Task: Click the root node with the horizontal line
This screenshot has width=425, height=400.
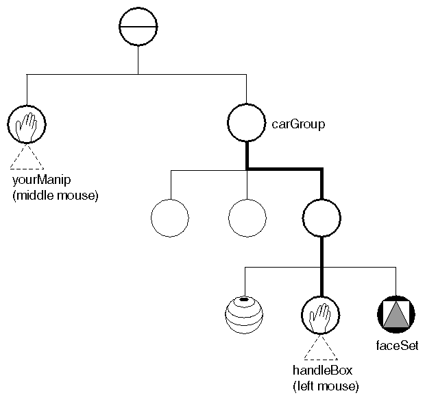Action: pos(138,27)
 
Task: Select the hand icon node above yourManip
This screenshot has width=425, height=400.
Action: pos(26,123)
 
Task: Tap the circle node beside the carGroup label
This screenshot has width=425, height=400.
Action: pos(246,123)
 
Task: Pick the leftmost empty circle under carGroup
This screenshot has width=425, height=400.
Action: pos(169,218)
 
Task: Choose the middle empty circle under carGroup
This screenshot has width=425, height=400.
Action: pos(246,218)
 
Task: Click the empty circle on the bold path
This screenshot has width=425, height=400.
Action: pos(321,218)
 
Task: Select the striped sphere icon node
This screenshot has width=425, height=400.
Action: pos(244,314)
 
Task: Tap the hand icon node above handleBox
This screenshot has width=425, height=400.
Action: pos(320,314)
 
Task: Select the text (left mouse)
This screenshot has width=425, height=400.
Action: pos(326,386)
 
